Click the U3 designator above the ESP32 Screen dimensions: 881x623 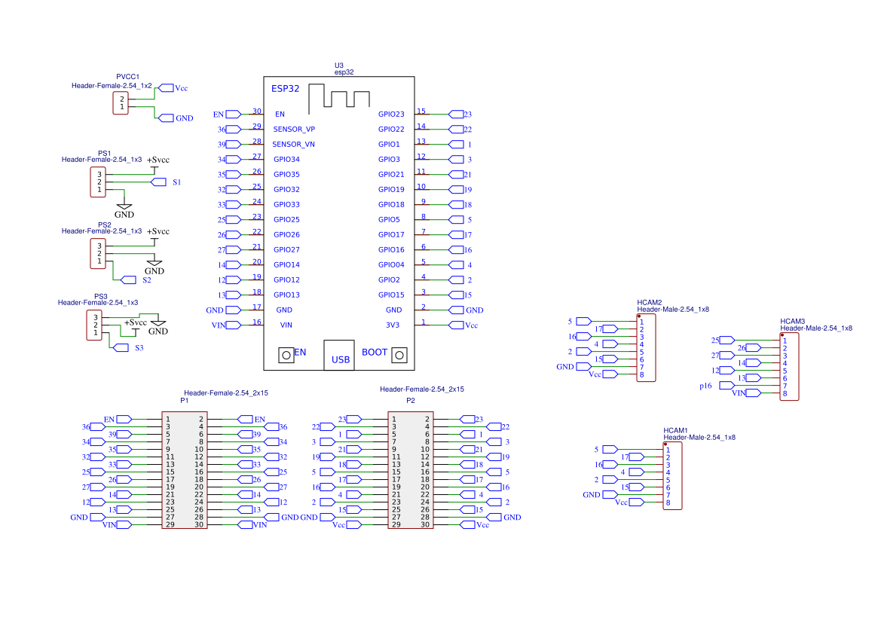[x=339, y=66]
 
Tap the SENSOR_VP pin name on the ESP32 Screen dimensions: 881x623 [x=294, y=130]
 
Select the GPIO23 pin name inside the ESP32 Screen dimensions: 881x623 [x=391, y=114]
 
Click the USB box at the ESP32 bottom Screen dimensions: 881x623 [x=339, y=355]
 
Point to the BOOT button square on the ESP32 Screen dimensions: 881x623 [x=399, y=355]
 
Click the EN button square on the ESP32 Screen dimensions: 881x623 [x=286, y=355]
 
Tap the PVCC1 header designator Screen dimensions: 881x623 [x=127, y=77]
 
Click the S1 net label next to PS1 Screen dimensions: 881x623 [x=176, y=182]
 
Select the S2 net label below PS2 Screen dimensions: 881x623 [x=147, y=279]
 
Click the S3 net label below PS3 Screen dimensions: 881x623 [x=139, y=348]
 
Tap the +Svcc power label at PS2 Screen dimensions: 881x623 [x=158, y=231]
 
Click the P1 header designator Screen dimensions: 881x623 [x=185, y=401]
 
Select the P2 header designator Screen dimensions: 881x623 [x=411, y=401]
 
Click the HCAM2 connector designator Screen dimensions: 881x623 [x=650, y=302]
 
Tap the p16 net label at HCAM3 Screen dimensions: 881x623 [x=705, y=386]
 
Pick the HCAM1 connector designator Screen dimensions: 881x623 [x=675, y=430]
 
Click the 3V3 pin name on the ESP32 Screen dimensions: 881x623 [x=393, y=325]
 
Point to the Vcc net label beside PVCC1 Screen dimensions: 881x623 [x=181, y=88]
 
